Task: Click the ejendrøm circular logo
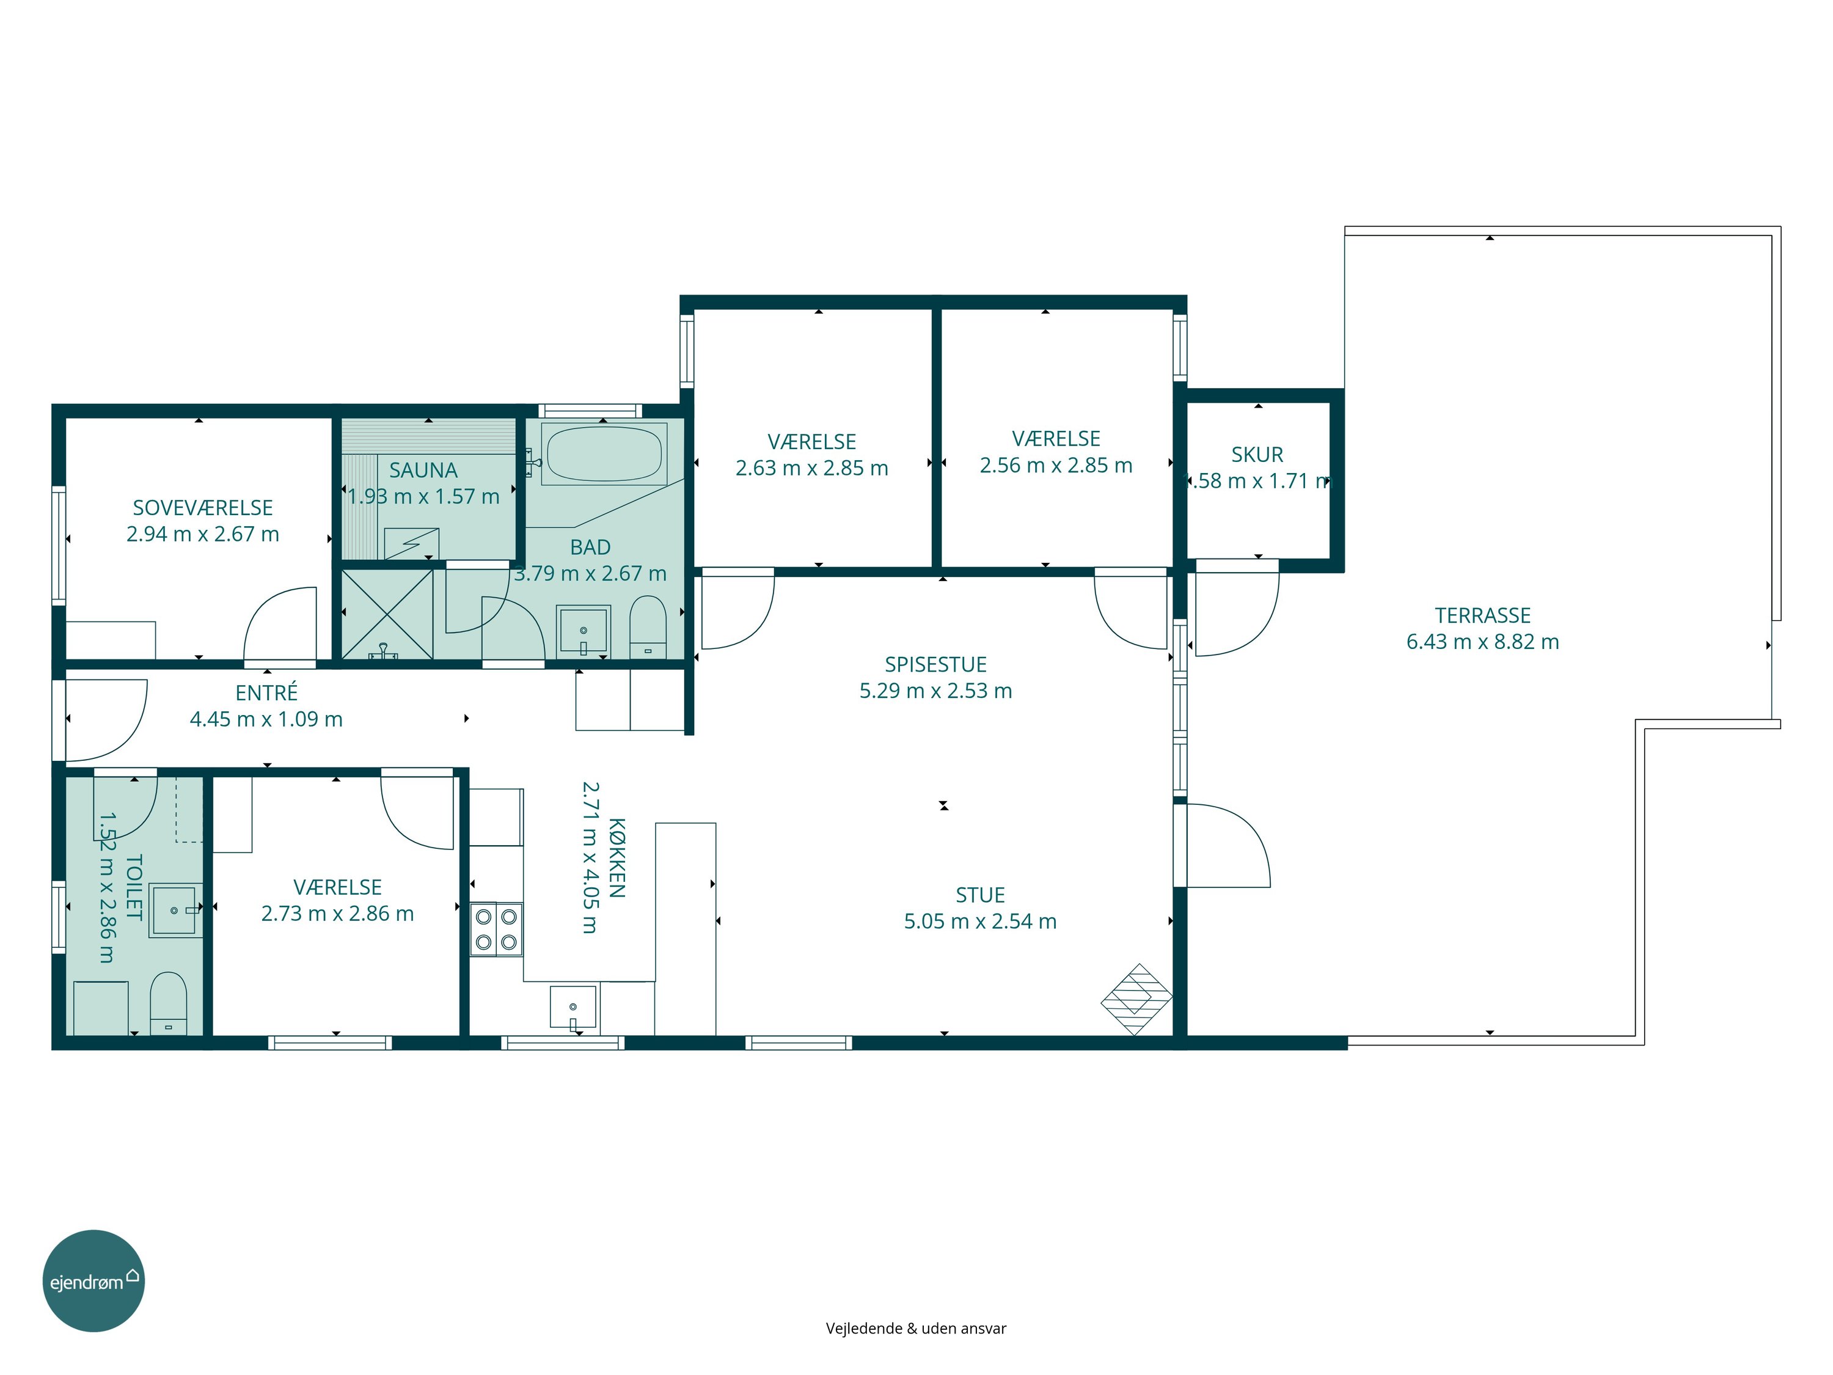pos(93,1280)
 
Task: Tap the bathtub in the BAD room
pos(604,453)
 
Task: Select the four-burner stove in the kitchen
pos(496,928)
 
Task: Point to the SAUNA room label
pos(423,470)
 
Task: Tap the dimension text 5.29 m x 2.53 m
pos(935,691)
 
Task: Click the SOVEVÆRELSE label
pos(203,507)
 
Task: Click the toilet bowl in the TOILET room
pos(168,1003)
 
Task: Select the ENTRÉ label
pos(266,692)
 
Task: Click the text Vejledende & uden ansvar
pos(916,1328)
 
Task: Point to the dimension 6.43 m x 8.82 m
pos(1482,642)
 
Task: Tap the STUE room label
pos(980,895)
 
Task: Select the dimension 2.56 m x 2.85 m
pos(1056,465)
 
